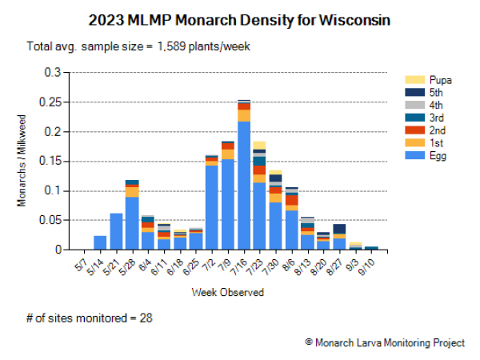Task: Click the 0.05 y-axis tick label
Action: pyautogui.click(x=50, y=220)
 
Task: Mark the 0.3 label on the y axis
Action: pyautogui.click(x=54, y=72)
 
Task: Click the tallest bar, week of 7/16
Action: pyautogui.click(x=244, y=184)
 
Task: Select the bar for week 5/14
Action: pyautogui.click(x=100, y=242)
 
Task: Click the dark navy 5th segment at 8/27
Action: pyautogui.click(x=339, y=229)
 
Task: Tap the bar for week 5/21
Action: pyautogui.click(x=116, y=231)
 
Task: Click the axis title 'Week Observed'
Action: pyautogui.click(x=227, y=292)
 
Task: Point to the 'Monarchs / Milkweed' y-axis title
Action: pyautogui.click(x=22, y=161)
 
